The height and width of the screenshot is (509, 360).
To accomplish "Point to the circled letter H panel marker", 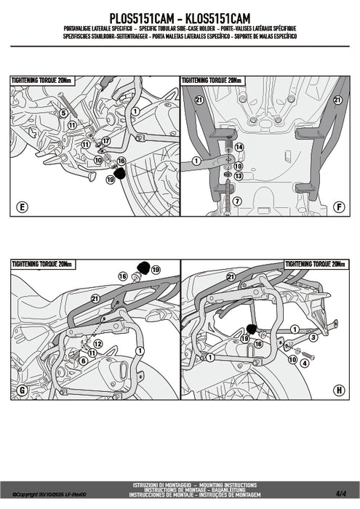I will tap(338, 390).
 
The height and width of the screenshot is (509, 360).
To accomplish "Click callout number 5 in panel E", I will tap(63, 113).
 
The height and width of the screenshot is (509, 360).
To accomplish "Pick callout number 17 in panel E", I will tap(105, 141).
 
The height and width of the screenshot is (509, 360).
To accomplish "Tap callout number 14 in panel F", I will tap(239, 147).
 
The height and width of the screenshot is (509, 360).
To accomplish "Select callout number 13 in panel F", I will tap(239, 175).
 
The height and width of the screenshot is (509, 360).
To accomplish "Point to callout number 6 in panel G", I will tap(83, 361).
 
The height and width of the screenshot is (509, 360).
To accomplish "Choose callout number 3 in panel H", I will tap(313, 337).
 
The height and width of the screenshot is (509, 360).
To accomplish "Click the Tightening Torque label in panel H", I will tap(313, 263).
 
